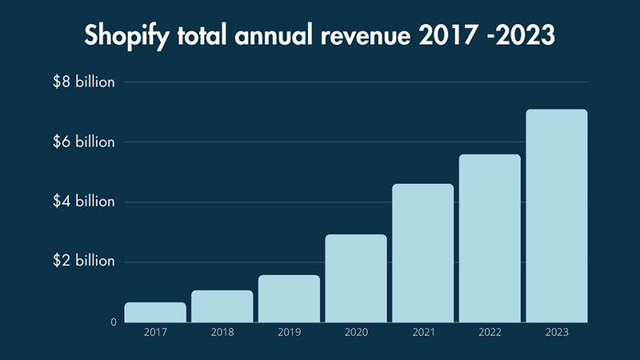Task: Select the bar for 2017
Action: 155,312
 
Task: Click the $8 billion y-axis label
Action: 84,82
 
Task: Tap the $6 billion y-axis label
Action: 84,142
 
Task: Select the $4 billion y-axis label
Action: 84,202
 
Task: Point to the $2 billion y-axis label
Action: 84,262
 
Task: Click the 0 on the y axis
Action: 114,322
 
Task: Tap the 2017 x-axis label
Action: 155,330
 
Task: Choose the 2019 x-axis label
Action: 289,330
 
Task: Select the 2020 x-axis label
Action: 356,330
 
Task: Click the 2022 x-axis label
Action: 490,330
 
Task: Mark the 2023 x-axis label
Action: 557,330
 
